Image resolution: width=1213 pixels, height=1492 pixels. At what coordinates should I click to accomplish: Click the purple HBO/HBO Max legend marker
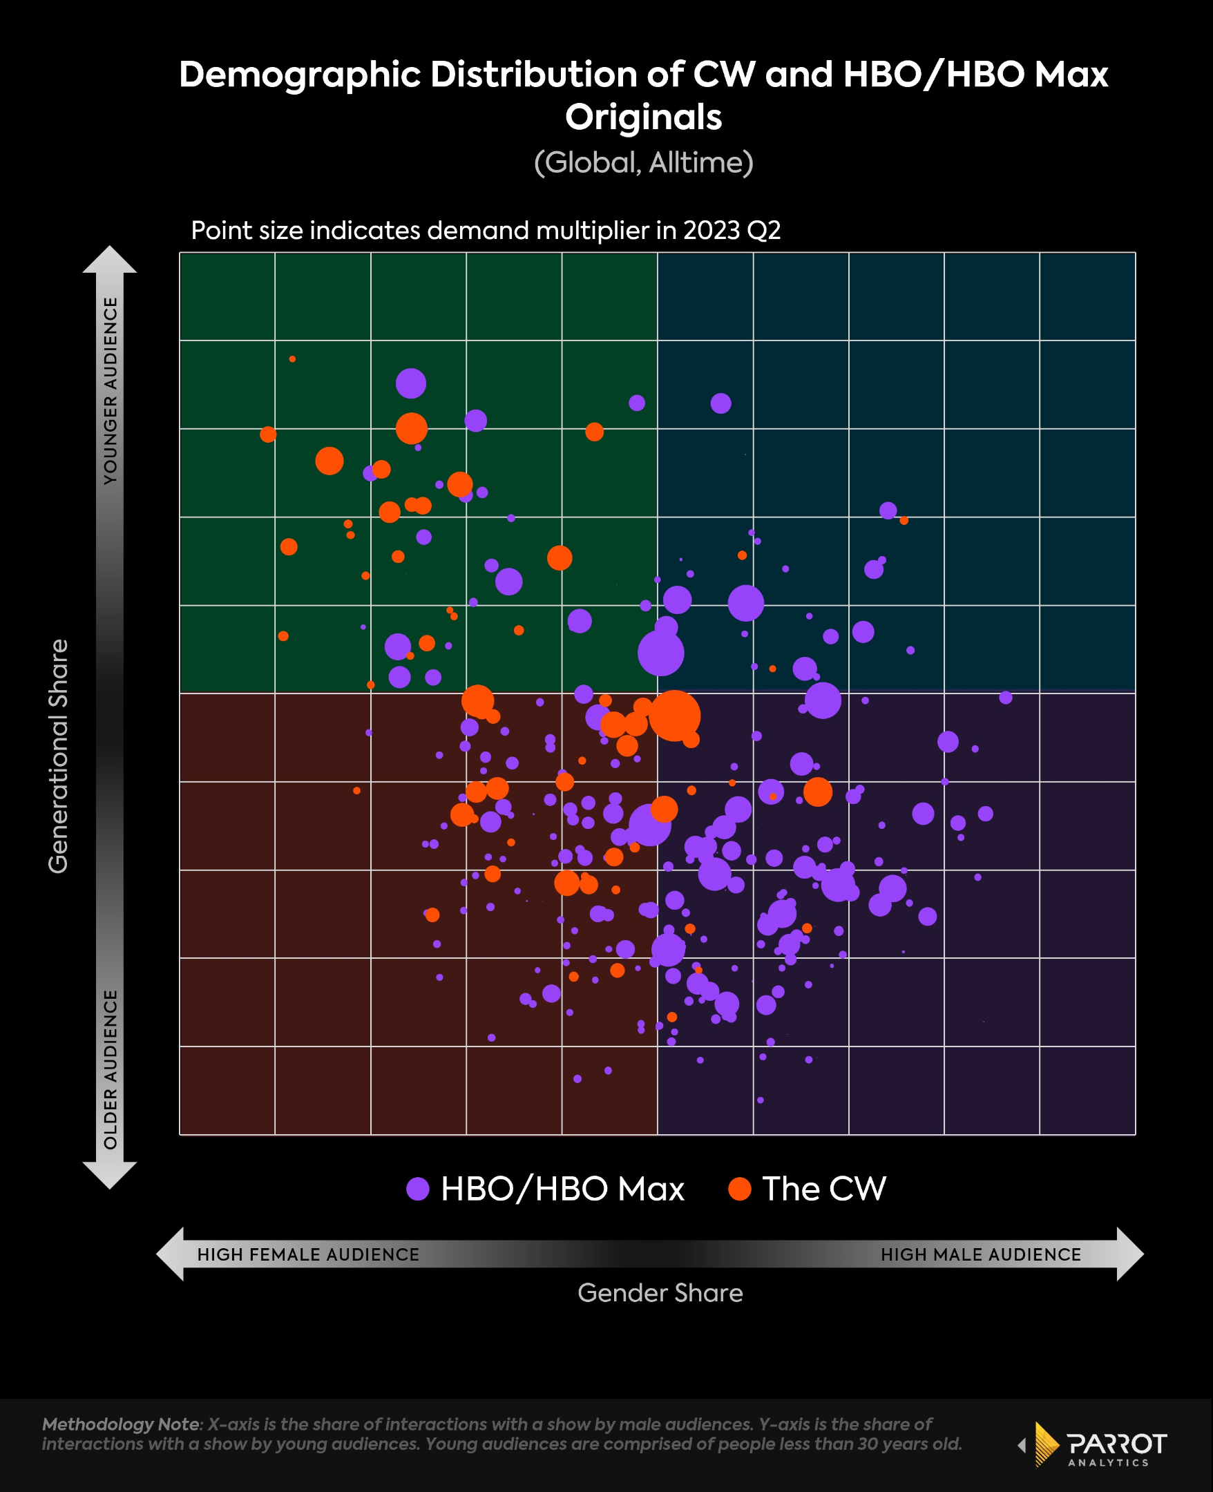pyautogui.click(x=418, y=1188)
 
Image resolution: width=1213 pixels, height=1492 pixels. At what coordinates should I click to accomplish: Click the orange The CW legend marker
pyautogui.click(x=739, y=1188)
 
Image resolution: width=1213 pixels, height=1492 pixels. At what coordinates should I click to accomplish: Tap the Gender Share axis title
pyautogui.click(x=660, y=1293)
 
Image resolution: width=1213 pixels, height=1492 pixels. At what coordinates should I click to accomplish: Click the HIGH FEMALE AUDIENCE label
pyautogui.click(x=308, y=1254)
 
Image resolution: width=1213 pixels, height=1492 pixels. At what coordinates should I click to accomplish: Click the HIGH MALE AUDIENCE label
pyautogui.click(x=980, y=1254)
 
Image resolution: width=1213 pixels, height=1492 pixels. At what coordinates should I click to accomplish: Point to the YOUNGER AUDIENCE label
pyautogui.click(x=111, y=390)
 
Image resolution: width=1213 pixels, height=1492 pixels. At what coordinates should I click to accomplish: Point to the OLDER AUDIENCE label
pyautogui.click(x=111, y=1069)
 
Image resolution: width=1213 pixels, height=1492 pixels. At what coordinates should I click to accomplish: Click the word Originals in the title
pyautogui.click(x=643, y=117)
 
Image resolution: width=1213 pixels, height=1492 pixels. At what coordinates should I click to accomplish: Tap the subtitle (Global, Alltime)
pyautogui.click(x=643, y=163)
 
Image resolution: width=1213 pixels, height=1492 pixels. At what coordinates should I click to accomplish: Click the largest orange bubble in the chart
pyautogui.click(x=674, y=716)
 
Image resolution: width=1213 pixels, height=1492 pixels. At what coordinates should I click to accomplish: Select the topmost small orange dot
pyautogui.click(x=292, y=359)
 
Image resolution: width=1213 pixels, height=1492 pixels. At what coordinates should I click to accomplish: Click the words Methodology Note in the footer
pyautogui.click(x=121, y=1424)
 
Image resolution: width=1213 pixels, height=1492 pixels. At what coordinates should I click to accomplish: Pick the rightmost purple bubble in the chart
pyautogui.click(x=1006, y=697)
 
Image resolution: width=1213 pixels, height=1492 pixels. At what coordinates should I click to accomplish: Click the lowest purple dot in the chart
pyautogui.click(x=761, y=1100)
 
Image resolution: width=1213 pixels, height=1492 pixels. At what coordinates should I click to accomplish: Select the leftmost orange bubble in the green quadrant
pyautogui.click(x=267, y=434)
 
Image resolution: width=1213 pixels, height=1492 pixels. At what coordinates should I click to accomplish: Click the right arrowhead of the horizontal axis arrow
pyautogui.click(x=1130, y=1254)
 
